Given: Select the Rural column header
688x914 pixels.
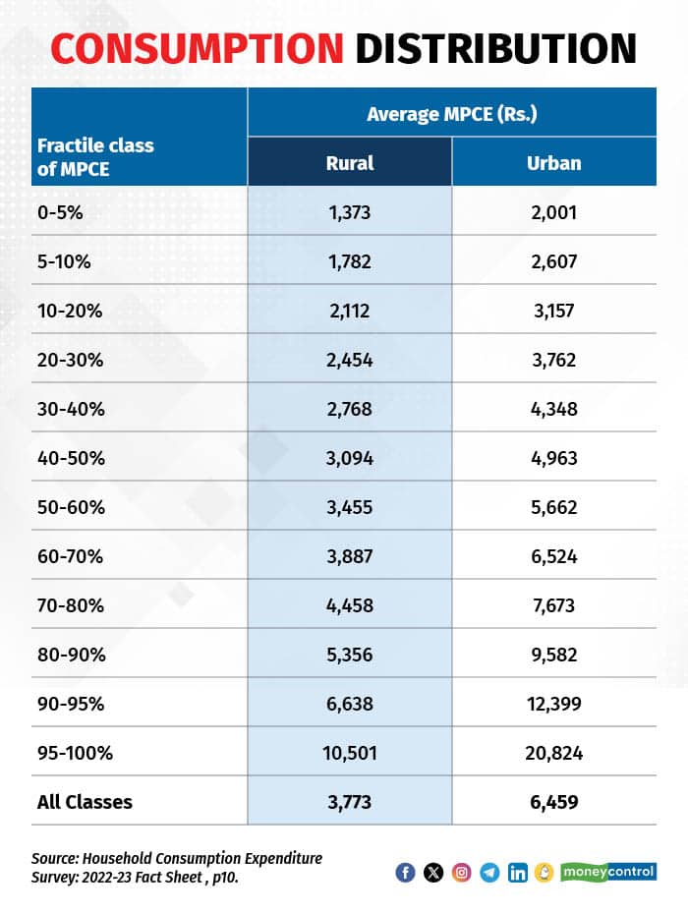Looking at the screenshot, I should click(350, 162).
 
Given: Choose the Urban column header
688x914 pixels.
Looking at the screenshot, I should click(554, 162).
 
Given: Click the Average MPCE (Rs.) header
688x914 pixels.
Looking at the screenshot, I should click(451, 113).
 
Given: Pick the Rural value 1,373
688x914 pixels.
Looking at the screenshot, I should click(350, 211).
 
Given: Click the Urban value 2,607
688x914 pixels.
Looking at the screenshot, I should click(554, 260).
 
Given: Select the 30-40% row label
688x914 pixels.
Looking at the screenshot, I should click(68, 408).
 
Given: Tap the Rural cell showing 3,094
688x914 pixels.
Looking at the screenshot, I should click(350, 457).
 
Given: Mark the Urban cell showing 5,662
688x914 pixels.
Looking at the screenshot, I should click(554, 506).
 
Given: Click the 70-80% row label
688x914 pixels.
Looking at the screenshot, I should click(68, 604).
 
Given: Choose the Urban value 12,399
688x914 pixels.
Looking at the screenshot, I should click(554, 703).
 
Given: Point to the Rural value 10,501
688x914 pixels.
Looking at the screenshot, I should click(350, 753).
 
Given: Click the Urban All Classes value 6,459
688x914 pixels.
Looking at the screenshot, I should click(554, 802).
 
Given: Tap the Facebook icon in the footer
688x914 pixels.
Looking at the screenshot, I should click(405, 873).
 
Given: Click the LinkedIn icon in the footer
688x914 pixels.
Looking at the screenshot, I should click(517, 873).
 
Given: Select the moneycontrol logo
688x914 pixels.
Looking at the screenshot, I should click(610, 873).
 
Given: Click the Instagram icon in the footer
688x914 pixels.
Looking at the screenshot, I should click(461, 873).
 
